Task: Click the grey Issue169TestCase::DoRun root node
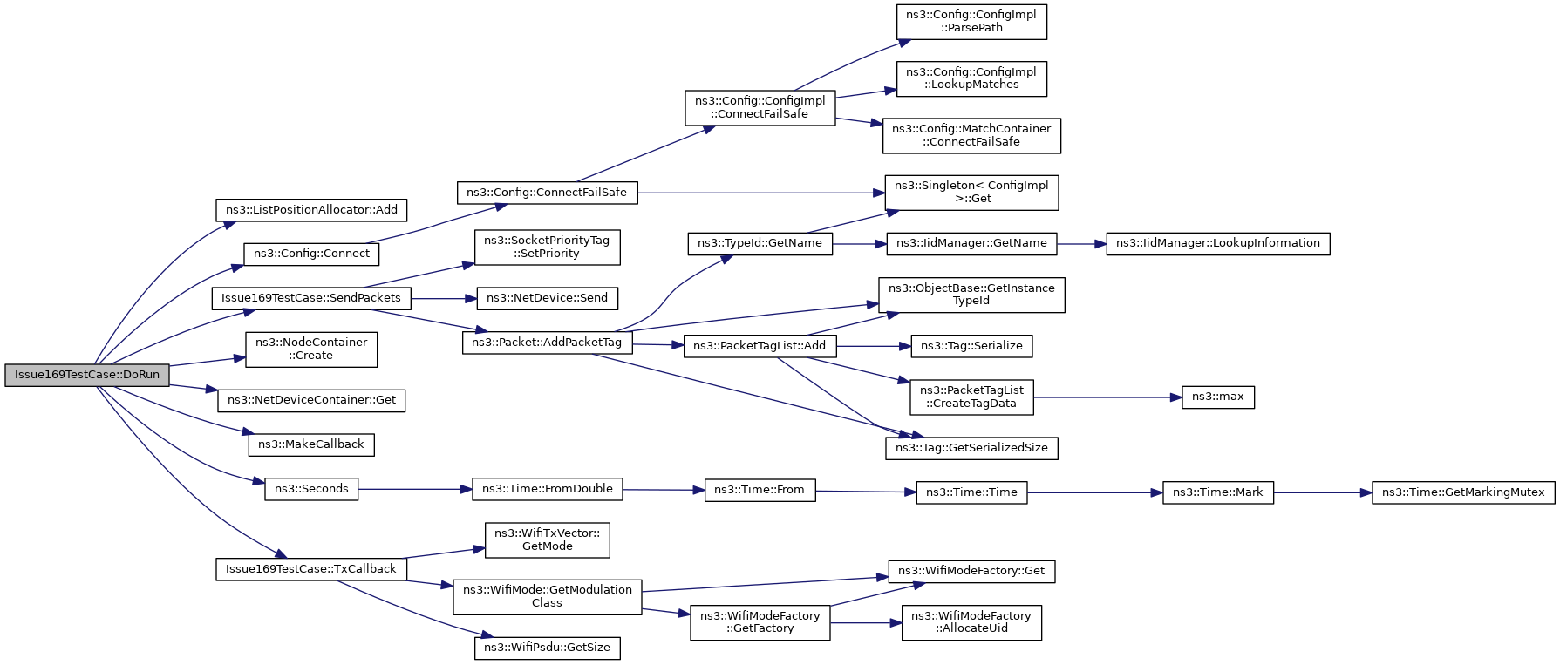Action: tap(87, 375)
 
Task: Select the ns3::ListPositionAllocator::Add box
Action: tap(311, 210)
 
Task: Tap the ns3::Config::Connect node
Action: tap(311, 254)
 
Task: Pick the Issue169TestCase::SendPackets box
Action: tap(311, 298)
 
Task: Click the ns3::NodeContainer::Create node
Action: tap(311, 349)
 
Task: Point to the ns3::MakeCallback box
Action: tap(311, 444)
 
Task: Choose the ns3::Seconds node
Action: tap(311, 489)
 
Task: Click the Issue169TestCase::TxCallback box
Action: tap(311, 569)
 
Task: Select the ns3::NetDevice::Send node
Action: tap(547, 298)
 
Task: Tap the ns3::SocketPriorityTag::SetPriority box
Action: tap(547, 248)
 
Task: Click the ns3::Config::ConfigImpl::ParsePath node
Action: tap(971, 22)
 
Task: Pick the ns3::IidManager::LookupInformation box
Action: tap(1218, 243)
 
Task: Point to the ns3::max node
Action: tap(1218, 397)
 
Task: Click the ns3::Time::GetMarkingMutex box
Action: tap(1463, 492)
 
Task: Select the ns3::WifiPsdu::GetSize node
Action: tap(547, 648)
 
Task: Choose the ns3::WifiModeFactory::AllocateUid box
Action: tap(971, 622)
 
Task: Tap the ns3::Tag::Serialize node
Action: tap(971, 346)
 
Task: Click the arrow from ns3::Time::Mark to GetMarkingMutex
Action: tap(1323, 492)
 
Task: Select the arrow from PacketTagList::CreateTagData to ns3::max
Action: tap(1107, 397)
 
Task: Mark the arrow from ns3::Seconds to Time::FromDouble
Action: tap(415, 489)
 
